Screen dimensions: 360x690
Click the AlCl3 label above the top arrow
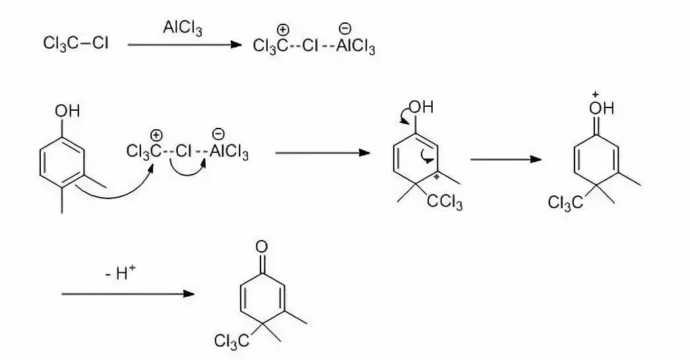(183, 30)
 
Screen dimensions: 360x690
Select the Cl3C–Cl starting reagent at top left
(76, 44)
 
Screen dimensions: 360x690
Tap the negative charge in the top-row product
(344, 28)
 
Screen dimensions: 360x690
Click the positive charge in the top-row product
(283, 30)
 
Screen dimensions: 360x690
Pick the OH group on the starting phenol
(67, 111)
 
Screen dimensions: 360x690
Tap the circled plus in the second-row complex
(156, 136)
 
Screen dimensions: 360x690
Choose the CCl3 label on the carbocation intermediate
(445, 202)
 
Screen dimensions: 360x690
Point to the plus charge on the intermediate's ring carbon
(435, 176)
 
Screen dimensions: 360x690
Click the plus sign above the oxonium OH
(594, 95)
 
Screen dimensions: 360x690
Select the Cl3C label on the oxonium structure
(565, 203)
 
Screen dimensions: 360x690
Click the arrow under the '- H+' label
(129, 293)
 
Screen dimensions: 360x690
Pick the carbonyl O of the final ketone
(262, 247)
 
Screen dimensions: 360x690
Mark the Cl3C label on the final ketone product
(232, 341)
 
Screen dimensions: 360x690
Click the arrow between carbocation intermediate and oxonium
(505, 160)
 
